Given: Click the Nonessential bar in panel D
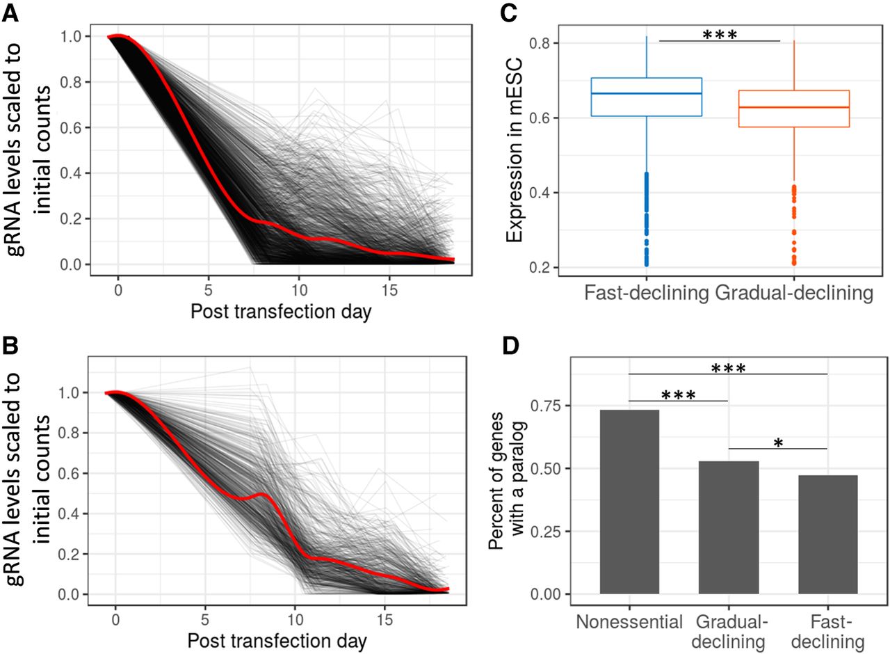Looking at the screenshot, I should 629,502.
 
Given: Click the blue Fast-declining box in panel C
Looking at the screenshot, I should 647,97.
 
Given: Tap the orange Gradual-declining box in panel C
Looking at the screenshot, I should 793,109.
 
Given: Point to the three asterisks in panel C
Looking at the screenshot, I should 719,34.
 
